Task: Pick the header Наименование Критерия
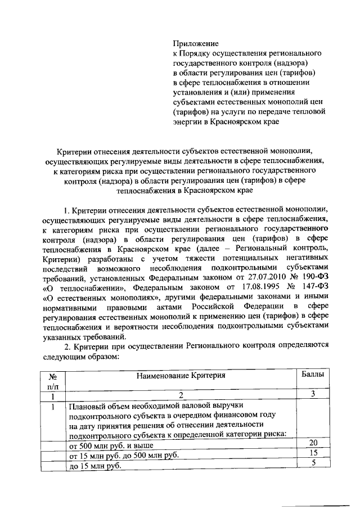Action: (181, 375)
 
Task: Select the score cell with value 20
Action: (314, 443)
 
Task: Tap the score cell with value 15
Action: (314, 453)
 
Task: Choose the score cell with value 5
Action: (314, 463)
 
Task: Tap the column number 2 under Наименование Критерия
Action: (181, 395)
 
